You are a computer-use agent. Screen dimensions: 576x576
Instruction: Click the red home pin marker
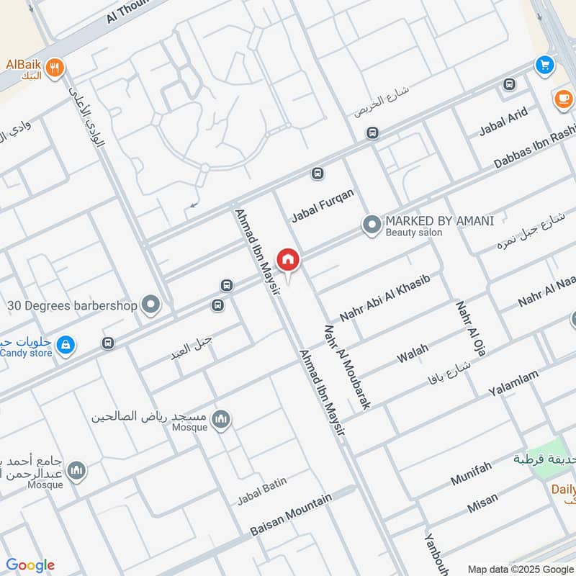288,259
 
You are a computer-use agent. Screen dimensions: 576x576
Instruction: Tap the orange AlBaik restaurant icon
55,68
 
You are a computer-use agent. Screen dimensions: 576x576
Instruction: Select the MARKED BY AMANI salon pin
372,226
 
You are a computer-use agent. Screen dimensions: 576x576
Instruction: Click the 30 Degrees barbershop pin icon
150,305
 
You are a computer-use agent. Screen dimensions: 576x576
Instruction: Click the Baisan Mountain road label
291,515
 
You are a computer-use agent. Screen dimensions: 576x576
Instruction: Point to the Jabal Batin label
262,493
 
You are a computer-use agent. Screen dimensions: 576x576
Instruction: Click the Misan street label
482,503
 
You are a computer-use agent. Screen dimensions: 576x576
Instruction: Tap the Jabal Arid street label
503,122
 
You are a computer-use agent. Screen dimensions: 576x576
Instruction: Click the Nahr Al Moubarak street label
348,367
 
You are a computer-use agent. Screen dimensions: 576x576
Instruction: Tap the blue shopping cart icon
544,66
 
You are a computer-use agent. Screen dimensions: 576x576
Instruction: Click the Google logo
30,565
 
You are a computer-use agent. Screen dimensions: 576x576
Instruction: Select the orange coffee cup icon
563,99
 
